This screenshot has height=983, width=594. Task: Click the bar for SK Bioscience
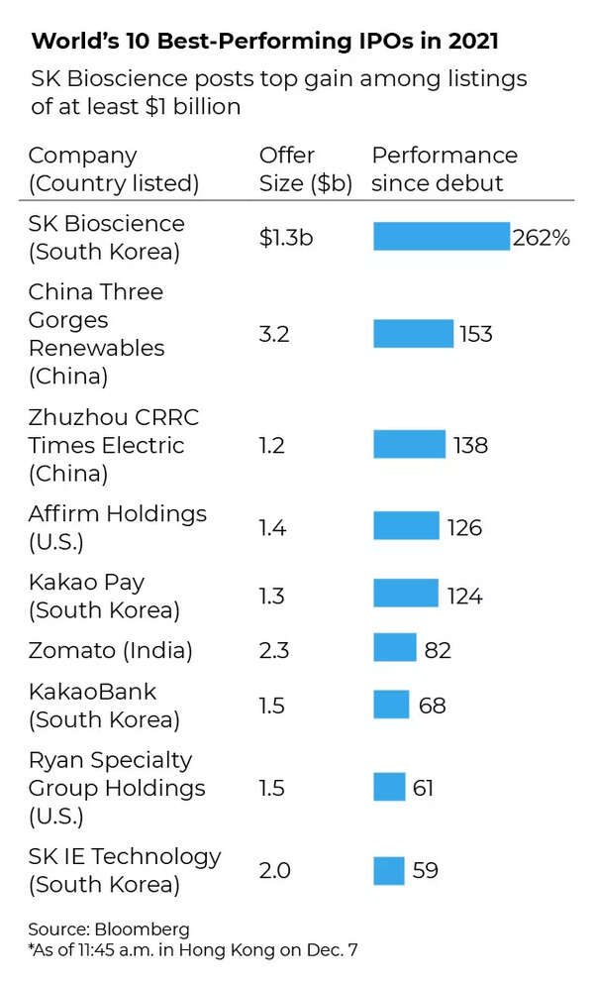(x=442, y=237)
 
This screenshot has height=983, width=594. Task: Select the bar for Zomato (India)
(x=394, y=649)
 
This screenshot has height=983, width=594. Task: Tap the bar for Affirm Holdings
(x=406, y=526)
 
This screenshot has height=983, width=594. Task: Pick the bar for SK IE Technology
(x=389, y=870)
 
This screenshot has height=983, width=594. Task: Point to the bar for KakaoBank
(x=391, y=705)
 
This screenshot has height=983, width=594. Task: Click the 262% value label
(x=541, y=238)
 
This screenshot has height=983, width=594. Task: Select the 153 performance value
(x=475, y=334)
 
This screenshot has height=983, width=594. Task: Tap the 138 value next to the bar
(x=470, y=445)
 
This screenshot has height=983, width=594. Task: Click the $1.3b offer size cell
(x=286, y=238)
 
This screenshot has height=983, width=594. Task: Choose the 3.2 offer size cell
(x=273, y=334)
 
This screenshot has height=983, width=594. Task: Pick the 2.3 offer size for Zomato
(x=273, y=650)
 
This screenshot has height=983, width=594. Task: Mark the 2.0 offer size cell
(x=275, y=870)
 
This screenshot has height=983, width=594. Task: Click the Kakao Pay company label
(x=104, y=595)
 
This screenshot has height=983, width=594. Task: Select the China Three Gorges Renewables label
(x=96, y=334)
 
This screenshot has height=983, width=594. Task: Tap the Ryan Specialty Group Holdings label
(x=117, y=788)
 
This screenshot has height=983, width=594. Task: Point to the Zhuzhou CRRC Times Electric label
(x=113, y=445)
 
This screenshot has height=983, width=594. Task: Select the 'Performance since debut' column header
(x=445, y=169)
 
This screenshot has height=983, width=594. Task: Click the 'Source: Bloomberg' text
(x=109, y=929)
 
